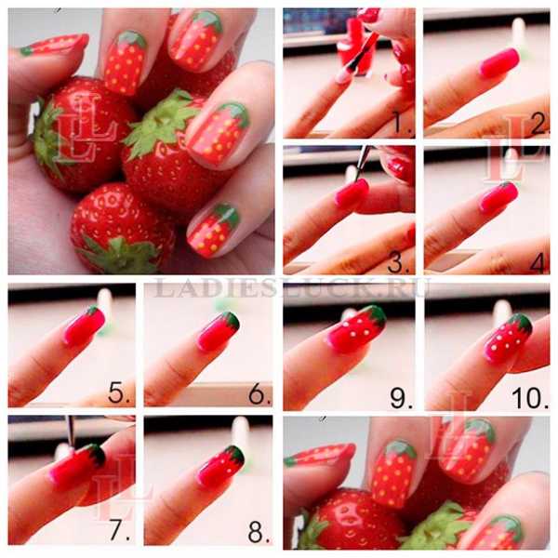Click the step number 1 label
(402, 124)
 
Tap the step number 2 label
(539, 124)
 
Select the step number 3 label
(400, 262)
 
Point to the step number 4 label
(538, 263)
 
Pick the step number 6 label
(259, 393)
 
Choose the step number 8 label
(259, 531)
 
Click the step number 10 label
(530, 397)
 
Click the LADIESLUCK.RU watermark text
(291, 287)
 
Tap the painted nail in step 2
(498, 63)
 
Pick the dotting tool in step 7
(71, 432)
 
